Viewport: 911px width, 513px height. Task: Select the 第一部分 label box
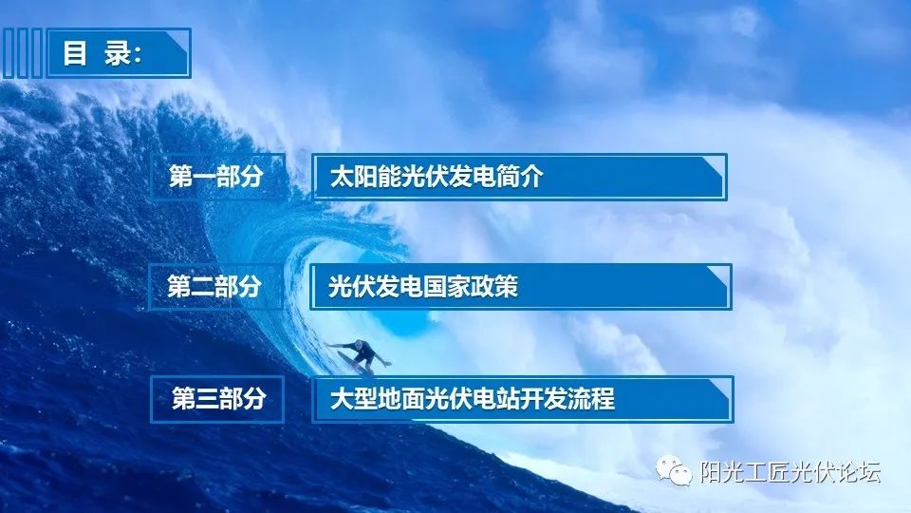tap(216, 177)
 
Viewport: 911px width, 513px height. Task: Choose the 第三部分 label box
tap(217, 399)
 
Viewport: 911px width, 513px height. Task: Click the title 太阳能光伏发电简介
tap(436, 177)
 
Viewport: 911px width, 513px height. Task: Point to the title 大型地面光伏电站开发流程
tap(472, 399)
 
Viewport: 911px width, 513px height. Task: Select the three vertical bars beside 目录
tap(23, 53)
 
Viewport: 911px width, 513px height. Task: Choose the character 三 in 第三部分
tap(206, 399)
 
